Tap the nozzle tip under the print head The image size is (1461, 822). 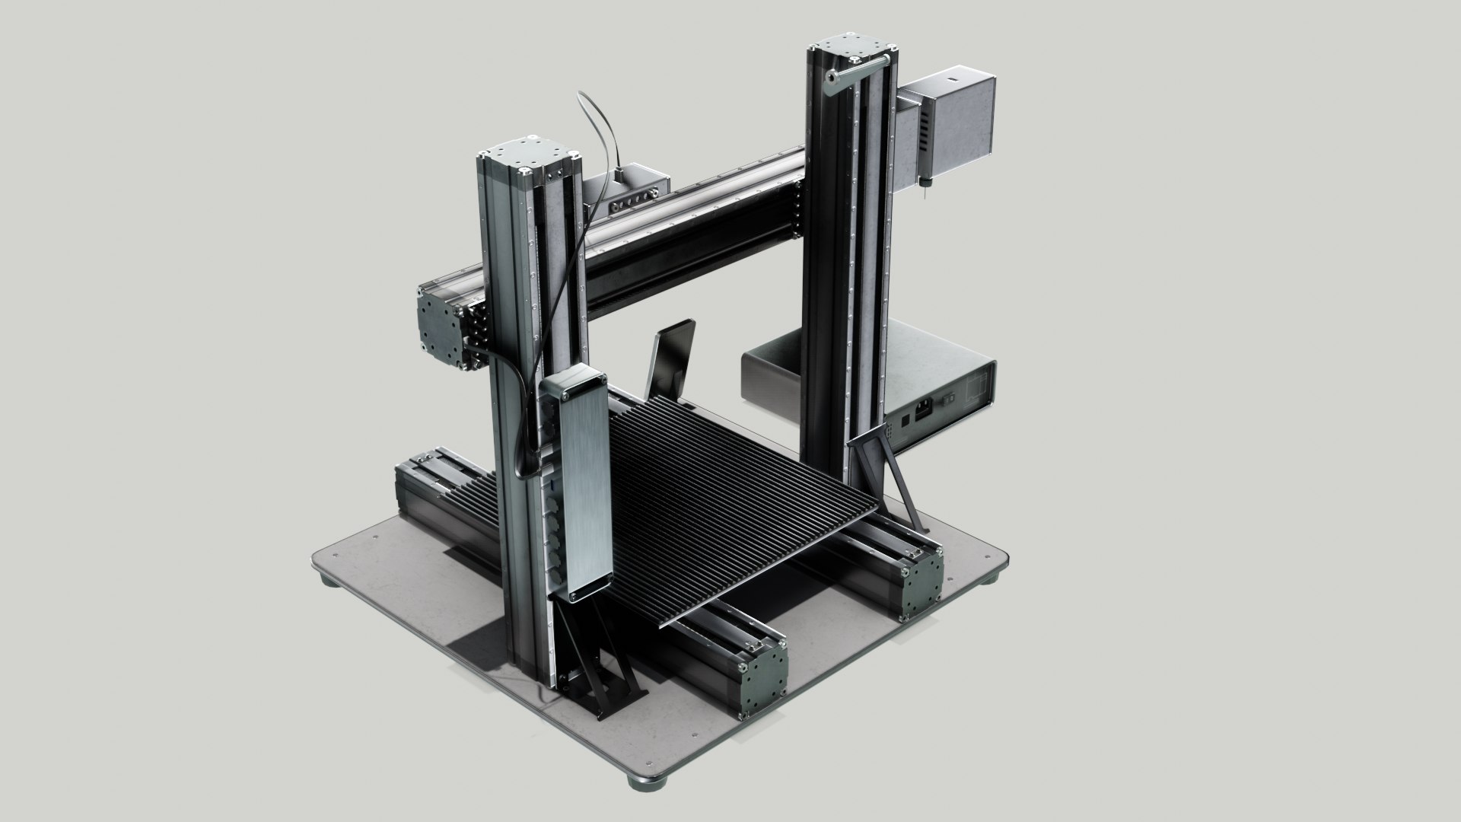coord(923,190)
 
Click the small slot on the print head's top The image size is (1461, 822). coord(950,78)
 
